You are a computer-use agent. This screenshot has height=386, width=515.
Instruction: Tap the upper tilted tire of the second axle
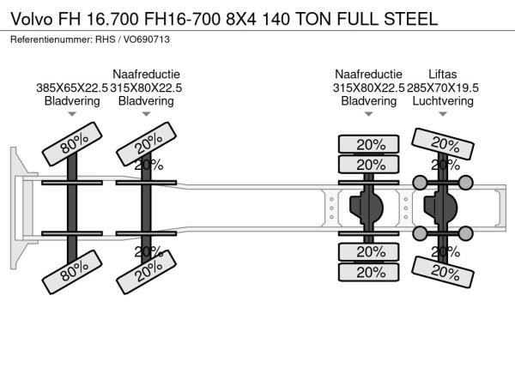tap(148, 142)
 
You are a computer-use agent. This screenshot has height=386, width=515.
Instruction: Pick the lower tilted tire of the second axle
tap(148, 274)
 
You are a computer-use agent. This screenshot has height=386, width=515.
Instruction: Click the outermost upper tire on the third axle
tap(370, 144)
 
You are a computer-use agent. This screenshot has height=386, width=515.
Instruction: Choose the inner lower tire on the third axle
tap(370, 251)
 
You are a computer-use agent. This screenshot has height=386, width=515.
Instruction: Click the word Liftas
tap(442, 74)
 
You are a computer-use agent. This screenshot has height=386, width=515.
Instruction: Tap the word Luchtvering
tap(442, 100)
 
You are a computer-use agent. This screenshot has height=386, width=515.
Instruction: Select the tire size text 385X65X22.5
tap(72, 87)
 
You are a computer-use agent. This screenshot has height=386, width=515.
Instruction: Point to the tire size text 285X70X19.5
tap(442, 87)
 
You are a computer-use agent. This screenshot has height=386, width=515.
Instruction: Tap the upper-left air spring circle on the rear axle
tap(421, 182)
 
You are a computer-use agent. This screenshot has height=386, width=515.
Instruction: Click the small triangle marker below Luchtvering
tap(442, 114)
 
